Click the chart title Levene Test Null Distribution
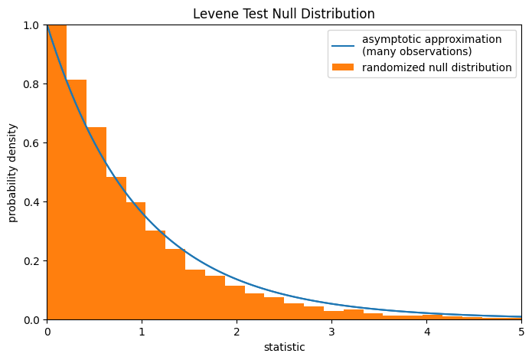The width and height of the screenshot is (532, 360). [283, 14]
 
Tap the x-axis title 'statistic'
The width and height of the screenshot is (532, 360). [284, 347]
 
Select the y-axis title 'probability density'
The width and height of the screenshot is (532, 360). [13, 172]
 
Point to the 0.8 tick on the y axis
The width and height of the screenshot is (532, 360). [33, 83]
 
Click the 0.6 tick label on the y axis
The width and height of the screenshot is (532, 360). [33, 142]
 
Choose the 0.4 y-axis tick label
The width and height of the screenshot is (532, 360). [33, 201]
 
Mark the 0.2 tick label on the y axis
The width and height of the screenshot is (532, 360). [33, 260]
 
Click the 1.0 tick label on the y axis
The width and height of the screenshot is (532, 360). [33, 25]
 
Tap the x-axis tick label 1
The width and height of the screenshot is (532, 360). [142, 332]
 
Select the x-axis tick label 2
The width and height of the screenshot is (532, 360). [237, 332]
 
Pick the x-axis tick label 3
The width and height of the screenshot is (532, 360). [331, 332]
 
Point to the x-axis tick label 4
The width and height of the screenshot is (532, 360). [426, 332]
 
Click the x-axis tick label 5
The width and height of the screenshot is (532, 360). [521, 332]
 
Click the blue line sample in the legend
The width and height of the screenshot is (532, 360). [343, 45]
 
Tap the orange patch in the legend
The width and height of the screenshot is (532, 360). [343, 67]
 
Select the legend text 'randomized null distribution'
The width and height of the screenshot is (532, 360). [436, 67]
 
